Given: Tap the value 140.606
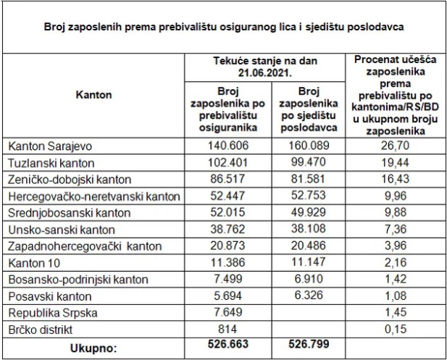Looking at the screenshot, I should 228,146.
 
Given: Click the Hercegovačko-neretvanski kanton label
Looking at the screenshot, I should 93,196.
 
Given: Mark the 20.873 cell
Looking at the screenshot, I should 228,246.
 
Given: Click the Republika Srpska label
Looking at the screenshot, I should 49,312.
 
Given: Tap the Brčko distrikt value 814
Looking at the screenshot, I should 228,329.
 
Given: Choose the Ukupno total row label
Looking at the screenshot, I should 93,346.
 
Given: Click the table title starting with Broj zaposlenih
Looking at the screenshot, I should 223,27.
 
